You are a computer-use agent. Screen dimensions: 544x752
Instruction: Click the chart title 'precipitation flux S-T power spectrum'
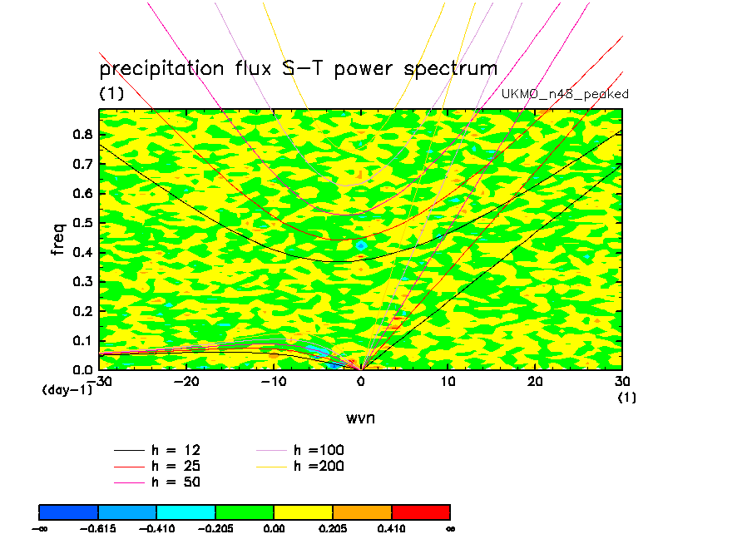[x=298, y=68]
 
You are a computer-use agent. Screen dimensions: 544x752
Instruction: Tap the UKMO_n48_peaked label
[x=565, y=94]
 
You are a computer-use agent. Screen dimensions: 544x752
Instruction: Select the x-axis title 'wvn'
[x=360, y=418]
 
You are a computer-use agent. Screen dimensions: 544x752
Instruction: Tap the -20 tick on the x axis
[x=187, y=381]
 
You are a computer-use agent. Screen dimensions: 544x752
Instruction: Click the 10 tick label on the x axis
[x=448, y=381]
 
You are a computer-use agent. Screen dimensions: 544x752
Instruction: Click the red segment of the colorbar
[x=420, y=512]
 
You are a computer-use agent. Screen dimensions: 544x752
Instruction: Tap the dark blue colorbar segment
[x=68, y=512]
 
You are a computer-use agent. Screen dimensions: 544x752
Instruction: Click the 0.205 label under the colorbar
[x=333, y=528]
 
